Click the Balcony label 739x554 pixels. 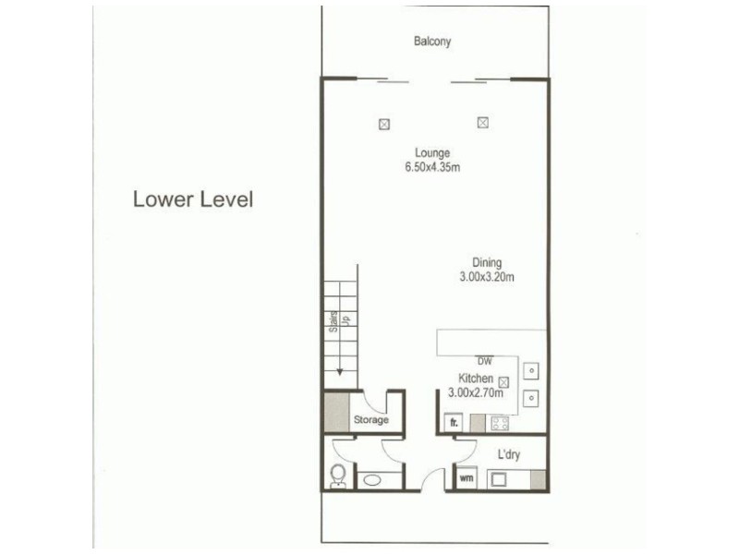(432, 42)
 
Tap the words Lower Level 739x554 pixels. (192, 199)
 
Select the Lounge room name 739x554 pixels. (432, 152)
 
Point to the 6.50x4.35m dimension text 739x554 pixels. (432, 167)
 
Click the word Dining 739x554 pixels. (486, 263)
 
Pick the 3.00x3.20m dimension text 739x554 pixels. (487, 277)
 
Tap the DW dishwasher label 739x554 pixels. (483, 360)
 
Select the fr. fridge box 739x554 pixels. (454, 423)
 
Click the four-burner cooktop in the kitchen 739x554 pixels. (501, 424)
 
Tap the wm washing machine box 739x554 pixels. (466, 479)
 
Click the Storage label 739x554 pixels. (371, 420)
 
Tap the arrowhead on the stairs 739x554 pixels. (340, 372)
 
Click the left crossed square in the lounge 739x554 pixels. (384, 124)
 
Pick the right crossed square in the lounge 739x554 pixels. (482, 122)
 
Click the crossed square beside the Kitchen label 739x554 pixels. (504, 380)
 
